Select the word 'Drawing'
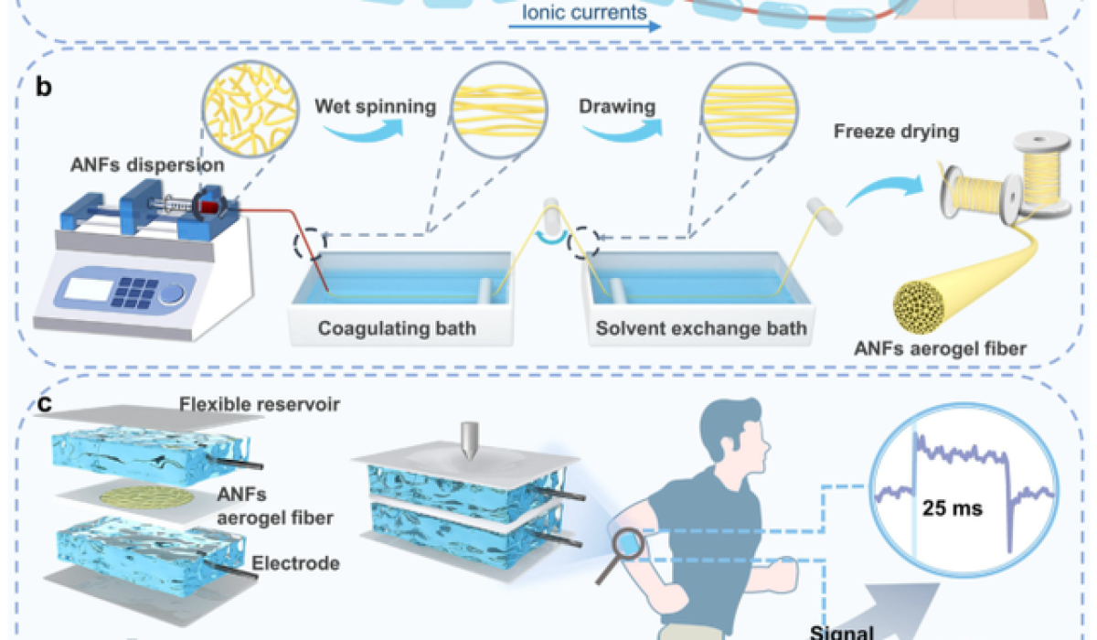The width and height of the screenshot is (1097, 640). click(x=617, y=106)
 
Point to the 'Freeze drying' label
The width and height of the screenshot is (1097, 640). click(x=896, y=132)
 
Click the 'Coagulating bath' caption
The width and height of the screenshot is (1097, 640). click(x=397, y=327)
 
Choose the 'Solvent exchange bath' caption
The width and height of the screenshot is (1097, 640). click(x=701, y=327)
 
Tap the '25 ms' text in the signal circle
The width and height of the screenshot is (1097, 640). click(x=951, y=507)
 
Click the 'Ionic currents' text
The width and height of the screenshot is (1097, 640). click(x=585, y=13)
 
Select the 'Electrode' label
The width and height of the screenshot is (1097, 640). click(x=300, y=563)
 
